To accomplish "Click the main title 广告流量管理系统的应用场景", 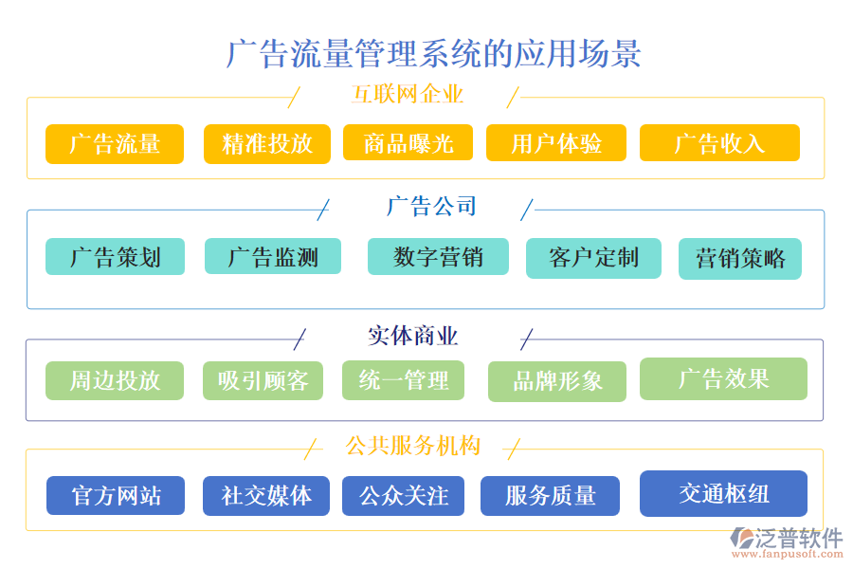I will pos(433,53).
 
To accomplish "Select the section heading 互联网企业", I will pos(407,95).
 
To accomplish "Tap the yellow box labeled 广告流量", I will pos(115,144).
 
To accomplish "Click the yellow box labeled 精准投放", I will pos(267,144).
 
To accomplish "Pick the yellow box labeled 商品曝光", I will pos(408,143).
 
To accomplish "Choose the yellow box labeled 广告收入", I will pos(719,143).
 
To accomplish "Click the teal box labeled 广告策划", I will pos(115,257).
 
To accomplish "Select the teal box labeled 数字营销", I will pos(438,257).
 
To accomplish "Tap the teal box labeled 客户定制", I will pos(593,258).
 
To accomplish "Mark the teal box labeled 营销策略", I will pos(740,259).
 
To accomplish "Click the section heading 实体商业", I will pos(412,337).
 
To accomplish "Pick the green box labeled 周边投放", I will pos(115,381).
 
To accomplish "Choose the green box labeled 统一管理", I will pos(403,380).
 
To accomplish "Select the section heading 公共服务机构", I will pos(412,446).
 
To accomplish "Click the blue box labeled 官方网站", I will pos(116,496).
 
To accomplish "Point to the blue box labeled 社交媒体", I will pos(266,496).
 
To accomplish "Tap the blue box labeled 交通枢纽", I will pos(723,494).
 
